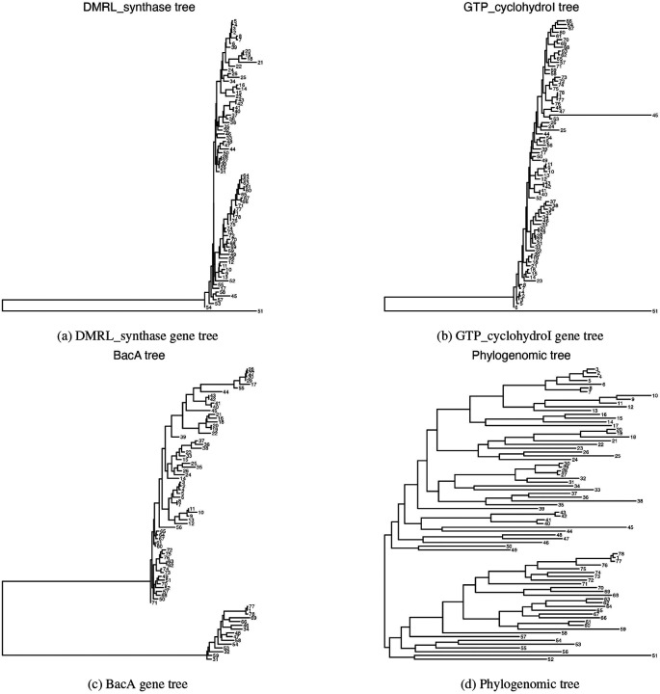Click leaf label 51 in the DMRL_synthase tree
pyautogui.click(x=259, y=312)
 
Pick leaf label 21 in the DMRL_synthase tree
pyautogui.click(x=260, y=63)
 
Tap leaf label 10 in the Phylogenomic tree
pyautogui.click(x=654, y=396)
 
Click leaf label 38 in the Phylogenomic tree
pyautogui.click(x=639, y=501)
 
